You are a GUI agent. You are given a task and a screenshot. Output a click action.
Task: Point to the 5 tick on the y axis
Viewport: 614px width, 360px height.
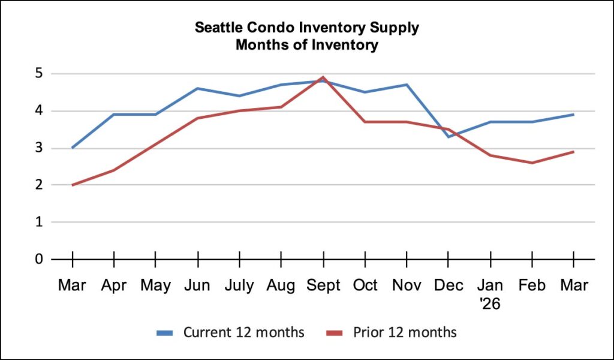point(40,74)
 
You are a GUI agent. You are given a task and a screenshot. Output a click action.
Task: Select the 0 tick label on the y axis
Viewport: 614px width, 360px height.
point(40,259)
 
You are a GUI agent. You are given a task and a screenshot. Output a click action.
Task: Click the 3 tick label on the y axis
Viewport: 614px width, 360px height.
point(40,148)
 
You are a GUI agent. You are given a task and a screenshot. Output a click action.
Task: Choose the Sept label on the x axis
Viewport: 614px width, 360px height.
point(323,285)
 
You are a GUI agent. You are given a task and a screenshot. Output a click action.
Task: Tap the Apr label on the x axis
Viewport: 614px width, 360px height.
point(114,285)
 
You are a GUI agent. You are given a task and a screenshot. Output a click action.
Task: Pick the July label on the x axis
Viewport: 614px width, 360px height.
point(239,285)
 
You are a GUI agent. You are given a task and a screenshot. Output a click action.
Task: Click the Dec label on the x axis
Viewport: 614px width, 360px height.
point(449,285)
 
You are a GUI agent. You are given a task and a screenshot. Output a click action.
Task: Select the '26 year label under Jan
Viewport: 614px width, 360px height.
point(490,304)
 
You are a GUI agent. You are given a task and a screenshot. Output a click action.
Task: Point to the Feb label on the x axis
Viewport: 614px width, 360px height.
point(532,285)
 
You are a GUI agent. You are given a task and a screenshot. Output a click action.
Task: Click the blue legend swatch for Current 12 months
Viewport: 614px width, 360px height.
point(166,332)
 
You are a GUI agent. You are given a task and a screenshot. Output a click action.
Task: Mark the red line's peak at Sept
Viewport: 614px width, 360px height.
point(323,77)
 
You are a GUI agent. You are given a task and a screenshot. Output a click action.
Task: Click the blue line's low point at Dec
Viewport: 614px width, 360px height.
point(449,137)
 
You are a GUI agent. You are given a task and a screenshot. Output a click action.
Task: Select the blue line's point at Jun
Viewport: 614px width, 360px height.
point(197,89)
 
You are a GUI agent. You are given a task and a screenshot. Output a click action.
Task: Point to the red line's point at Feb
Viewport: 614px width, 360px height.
point(532,163)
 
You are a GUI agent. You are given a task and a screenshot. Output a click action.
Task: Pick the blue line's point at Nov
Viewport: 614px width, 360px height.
point(407,85)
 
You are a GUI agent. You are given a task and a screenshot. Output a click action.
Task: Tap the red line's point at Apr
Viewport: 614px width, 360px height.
point(114,170)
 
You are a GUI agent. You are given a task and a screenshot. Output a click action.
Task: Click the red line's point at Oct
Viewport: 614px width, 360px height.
point(365,122)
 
